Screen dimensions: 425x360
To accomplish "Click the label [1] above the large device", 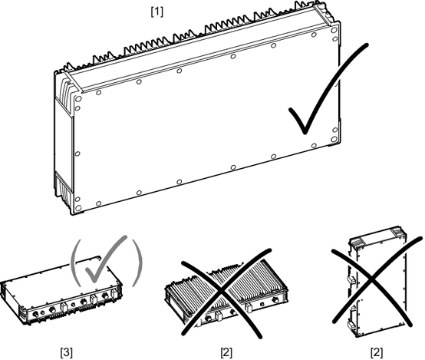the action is point(157,12).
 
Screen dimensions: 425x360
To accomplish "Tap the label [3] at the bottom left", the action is point(66,352).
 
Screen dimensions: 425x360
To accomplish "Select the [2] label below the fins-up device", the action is point(226,352).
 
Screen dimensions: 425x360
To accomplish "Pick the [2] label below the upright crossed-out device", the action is point(377,352).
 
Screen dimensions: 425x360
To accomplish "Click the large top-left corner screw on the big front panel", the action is point(78,98).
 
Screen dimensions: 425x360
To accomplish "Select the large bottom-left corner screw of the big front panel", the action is point(78,208).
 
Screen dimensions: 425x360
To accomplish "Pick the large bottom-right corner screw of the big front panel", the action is point(334,140).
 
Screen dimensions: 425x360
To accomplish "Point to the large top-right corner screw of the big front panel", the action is point(334,30).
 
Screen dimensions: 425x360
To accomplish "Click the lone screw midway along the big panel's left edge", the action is point(77,154).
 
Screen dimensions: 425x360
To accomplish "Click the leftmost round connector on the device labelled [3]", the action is point(35,314).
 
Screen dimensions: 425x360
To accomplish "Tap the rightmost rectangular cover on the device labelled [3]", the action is point(114,293).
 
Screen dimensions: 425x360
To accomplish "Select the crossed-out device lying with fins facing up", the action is point(226,293).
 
